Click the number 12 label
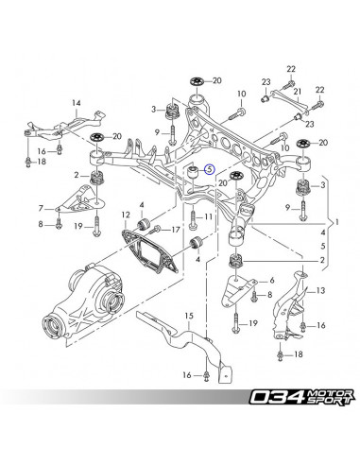click(124, 215)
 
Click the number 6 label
click(273, 281)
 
